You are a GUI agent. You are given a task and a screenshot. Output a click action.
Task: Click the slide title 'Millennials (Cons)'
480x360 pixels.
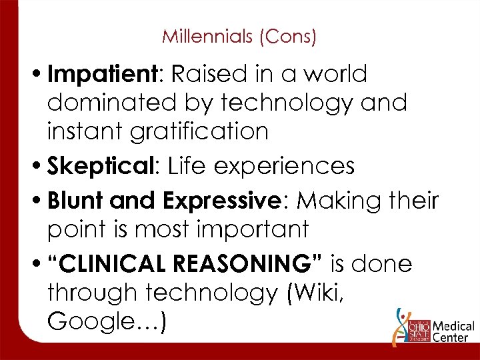click(239, 36)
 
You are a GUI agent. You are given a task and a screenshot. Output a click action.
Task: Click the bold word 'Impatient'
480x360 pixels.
click(106, 75)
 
